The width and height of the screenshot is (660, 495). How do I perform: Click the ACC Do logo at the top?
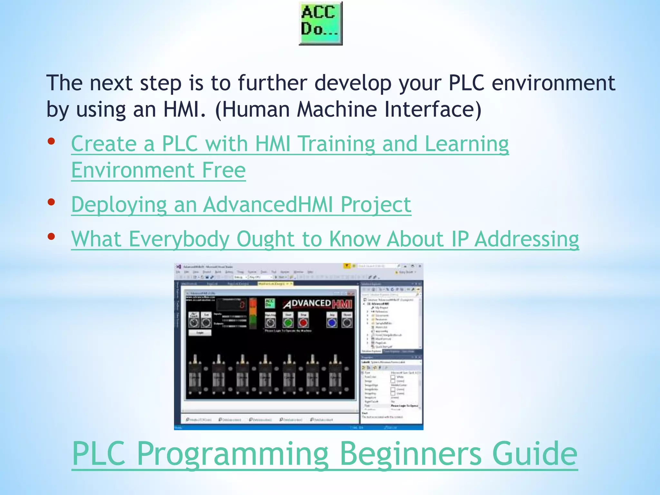pos(320,23)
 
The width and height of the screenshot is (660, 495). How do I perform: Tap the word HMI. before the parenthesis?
pos(184,109)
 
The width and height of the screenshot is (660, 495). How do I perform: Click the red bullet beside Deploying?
pos(51,202)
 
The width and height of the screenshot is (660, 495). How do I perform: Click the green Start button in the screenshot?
pos(288,322)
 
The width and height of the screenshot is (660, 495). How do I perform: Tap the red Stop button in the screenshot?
pos(303,322)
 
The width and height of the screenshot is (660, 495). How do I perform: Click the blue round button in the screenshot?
pos(332,323)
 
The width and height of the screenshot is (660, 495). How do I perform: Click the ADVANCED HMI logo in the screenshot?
pos(317,304)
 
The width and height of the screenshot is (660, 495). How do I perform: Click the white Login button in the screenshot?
pos(200,333)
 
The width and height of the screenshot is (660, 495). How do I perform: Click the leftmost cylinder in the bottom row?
pos(195,375)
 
